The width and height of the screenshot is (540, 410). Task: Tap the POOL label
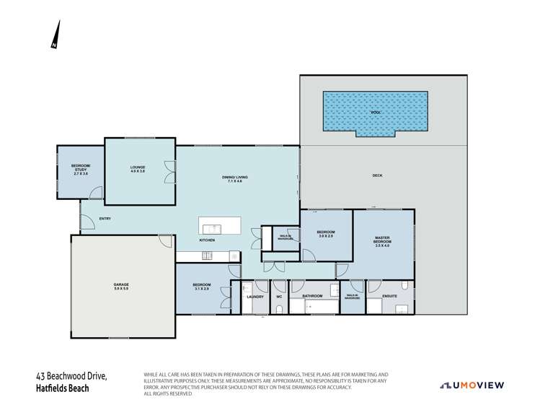click(x=375, y=113)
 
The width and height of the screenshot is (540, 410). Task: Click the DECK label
click(x=377, y=175)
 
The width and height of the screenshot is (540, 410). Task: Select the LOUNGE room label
click(x=138, y=167)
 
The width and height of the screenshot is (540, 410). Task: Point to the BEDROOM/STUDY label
click(x=80, y=171)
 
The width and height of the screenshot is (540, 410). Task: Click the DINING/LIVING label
click(x=238, y=178)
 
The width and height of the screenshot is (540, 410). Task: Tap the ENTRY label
click(x=105, y=219)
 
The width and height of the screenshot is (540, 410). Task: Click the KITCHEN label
click(x=208, y=240)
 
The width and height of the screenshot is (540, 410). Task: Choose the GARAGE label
click(x=121, y=285)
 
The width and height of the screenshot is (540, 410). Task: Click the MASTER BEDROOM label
click(x=382, y=242)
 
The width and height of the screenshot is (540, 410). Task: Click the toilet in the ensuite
click(x=406, y=286)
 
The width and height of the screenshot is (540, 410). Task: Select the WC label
click(x=278, y=297)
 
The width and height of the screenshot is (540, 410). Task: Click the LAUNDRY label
click(x=255, y=297)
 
